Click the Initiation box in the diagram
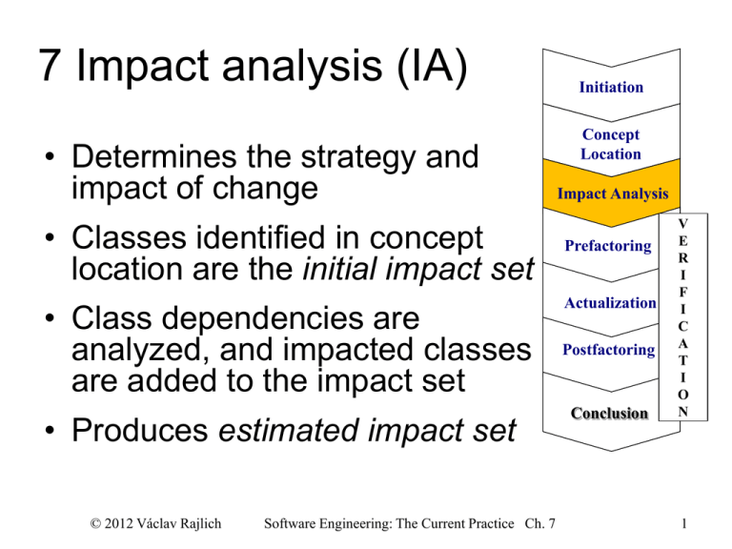[611, 88]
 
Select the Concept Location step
[611, 145]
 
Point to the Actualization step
[611, 303]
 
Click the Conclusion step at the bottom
[611, 414]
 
